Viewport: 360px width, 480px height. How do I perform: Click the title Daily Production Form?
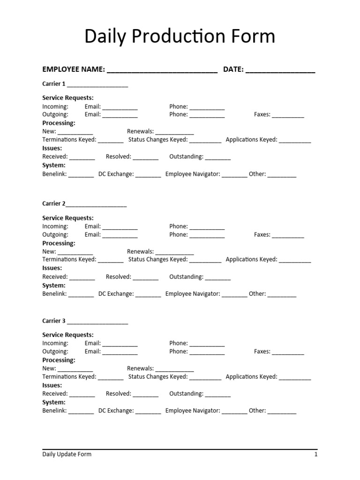pos(180,37)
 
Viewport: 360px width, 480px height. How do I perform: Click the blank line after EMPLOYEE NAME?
pos(162,70)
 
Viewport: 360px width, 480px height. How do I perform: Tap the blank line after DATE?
pos(280,70)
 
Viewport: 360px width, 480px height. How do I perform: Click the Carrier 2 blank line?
pos(96,205)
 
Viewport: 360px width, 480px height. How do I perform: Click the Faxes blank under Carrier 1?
pos(288,115)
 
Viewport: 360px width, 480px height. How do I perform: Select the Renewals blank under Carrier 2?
pos(174,252)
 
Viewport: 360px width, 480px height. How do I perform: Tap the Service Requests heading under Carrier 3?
pos(68,335)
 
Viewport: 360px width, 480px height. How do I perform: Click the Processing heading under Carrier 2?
pos(59,243)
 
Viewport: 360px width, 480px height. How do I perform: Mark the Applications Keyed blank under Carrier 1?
pos(295,141)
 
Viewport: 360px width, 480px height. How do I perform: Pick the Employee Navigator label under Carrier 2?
pos(193,294)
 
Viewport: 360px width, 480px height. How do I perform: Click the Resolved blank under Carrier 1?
pos(145,157)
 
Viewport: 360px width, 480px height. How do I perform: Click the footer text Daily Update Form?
pos(67,454)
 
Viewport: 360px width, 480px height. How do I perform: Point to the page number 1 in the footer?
pos(316,454)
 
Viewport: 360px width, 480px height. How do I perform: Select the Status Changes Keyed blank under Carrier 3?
pos(205,377)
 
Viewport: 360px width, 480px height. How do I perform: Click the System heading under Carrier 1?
pos(54,165)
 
